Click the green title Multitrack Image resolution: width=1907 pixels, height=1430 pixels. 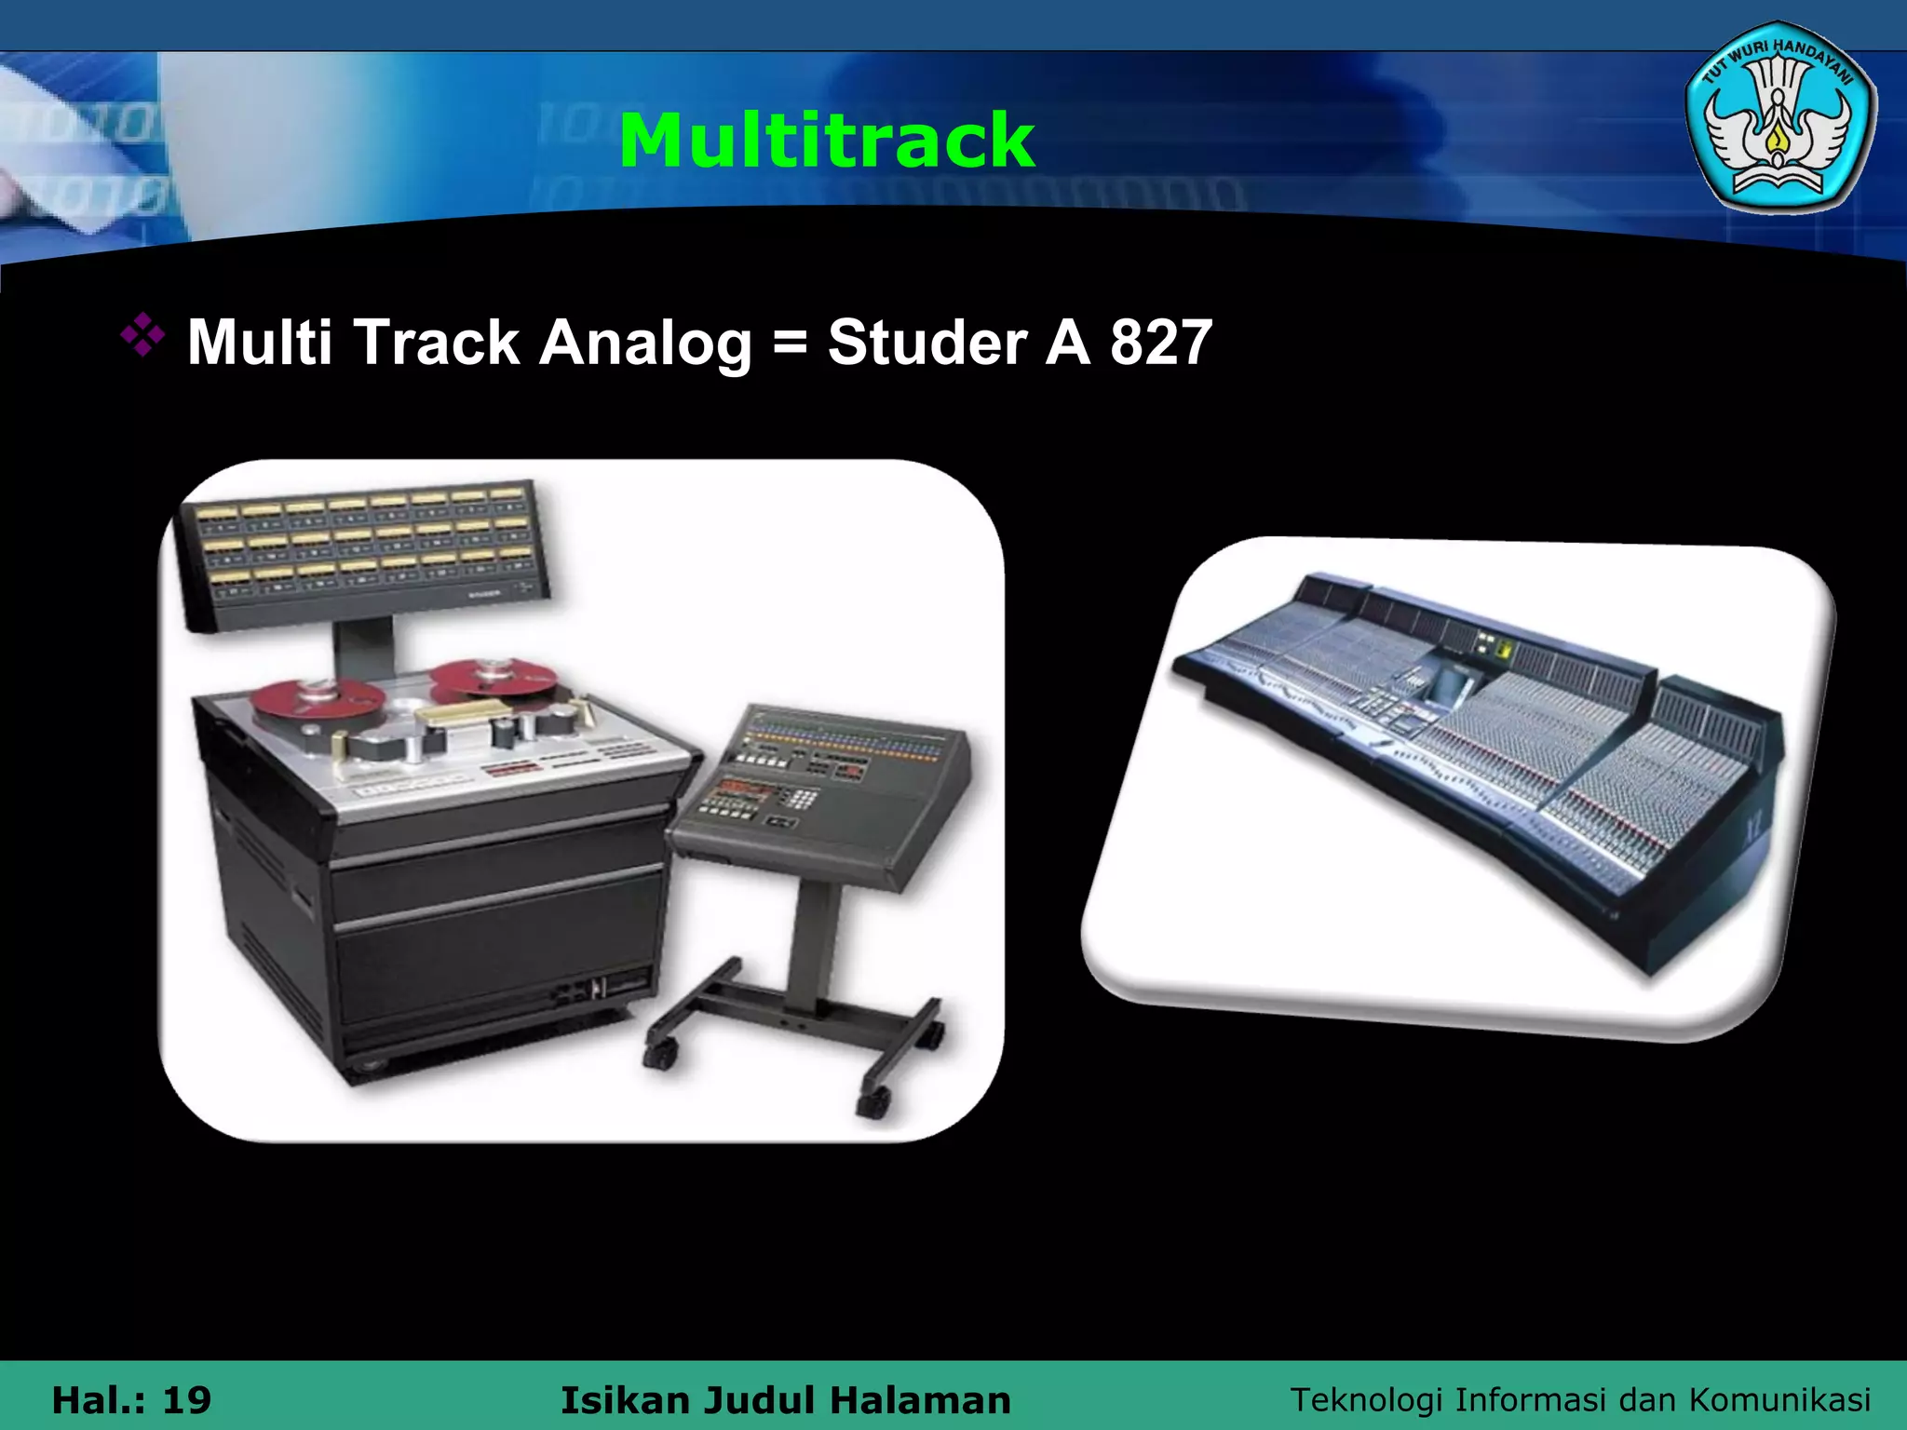[x=827, y=141]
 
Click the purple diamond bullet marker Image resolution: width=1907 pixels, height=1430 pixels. [x=142, y=337]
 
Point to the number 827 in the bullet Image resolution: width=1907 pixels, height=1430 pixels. [x=1160, y=343]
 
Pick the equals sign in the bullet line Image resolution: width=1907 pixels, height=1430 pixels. [x=790, y=343]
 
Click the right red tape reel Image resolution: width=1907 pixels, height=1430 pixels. [x=494, y=678]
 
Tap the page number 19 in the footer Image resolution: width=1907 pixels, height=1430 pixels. [x=186, y=1399]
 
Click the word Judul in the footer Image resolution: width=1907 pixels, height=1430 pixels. [x=759, y=1399]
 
